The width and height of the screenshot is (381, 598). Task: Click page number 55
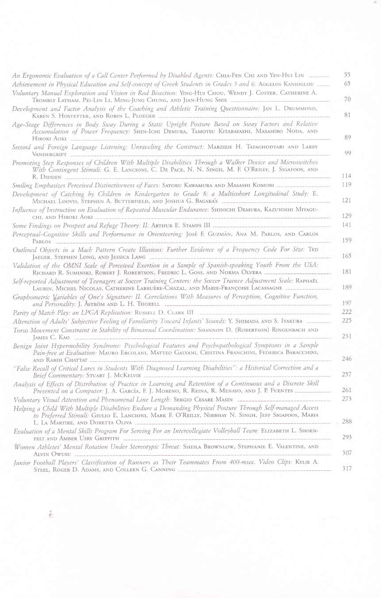click(347, 75)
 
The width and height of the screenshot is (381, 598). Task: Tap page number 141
click(347, 225)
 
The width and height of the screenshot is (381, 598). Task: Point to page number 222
click(347, 312)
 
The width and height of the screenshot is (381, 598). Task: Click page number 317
click(347, 468)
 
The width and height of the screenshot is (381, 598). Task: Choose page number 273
click(347, 399)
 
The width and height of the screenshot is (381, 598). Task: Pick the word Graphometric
click(31, 297)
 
